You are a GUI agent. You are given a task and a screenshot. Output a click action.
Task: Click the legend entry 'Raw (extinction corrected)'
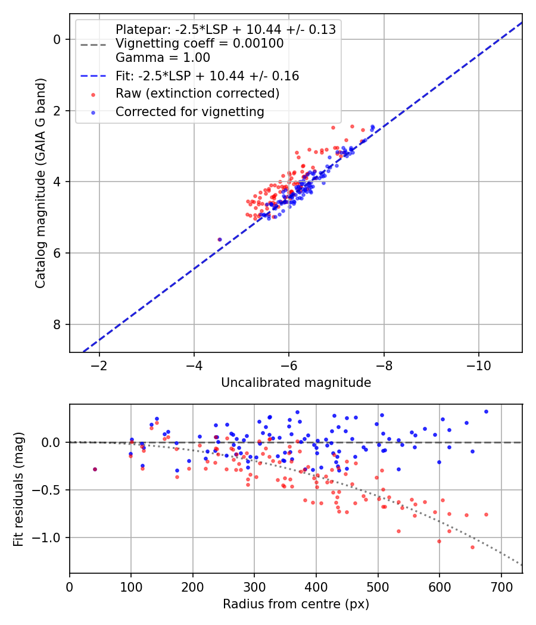click(x=197, y=93)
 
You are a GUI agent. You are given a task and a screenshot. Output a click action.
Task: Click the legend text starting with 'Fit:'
click(x=207, y=76)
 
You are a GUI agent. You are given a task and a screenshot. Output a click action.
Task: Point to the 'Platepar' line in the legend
click(x=225, y=29)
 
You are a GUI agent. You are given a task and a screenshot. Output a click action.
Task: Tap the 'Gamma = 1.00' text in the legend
click(x=163, y=58)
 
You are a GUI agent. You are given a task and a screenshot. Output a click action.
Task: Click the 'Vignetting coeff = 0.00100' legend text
click(x=200, y=43)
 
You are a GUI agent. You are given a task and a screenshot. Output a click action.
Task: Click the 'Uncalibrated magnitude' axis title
click(x=296, y=383)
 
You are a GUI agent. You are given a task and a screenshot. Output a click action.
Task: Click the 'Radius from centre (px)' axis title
click(x=296, y=604)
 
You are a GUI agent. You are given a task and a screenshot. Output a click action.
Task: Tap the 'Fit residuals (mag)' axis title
click(x=18, y=489)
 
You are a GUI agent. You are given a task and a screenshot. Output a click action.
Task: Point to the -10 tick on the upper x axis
click(x=478, y=364)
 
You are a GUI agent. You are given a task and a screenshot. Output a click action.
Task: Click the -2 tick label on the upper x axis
click(x=99, y=364)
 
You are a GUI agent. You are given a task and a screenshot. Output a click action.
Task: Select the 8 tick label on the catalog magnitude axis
click(x=57, y=324)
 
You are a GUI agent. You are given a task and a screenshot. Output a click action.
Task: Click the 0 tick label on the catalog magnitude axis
click(x=57, y=39)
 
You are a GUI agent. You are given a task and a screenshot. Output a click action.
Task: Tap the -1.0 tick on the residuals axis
click(x=49, y=537)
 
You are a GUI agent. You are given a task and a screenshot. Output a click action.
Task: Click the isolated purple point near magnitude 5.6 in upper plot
click(x=220, y=239)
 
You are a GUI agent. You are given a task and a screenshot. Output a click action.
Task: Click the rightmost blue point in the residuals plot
click(x=486, y=411)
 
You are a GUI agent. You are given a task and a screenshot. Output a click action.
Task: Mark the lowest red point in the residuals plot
click(x=472, y=547)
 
